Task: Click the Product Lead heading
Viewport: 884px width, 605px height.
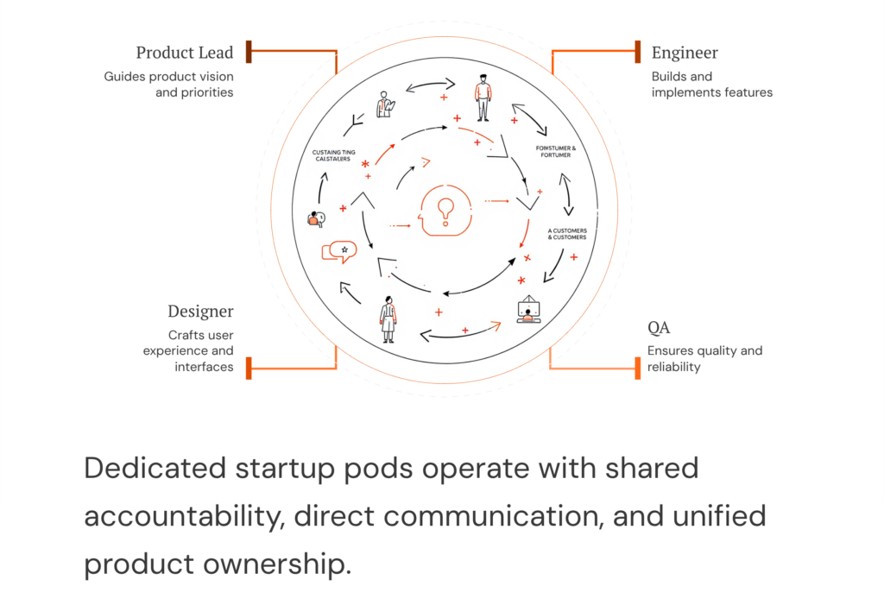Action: [185, 54]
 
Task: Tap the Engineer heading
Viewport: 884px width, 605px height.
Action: [685, 54]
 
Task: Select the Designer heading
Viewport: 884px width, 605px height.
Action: [200, 312]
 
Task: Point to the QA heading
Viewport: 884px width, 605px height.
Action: [659, 328]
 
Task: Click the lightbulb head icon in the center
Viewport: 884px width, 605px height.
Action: [445, 211]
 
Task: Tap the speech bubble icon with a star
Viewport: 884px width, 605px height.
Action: [338, 251]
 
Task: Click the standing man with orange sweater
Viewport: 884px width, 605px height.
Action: [483, 98]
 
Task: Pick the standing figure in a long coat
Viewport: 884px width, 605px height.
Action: [389, 318]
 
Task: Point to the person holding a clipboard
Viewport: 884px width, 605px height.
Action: [386, 106]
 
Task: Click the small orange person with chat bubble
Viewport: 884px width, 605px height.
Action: [316, 219]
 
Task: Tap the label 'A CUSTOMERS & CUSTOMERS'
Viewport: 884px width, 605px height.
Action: [567, 234]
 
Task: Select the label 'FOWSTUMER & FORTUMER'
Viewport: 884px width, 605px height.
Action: [556, 152]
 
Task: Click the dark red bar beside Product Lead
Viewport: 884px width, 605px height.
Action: [249, 51]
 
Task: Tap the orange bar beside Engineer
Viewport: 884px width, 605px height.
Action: [637, 51]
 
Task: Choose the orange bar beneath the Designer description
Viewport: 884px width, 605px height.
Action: [249, 368]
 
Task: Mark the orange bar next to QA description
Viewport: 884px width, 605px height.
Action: [637, 368]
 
